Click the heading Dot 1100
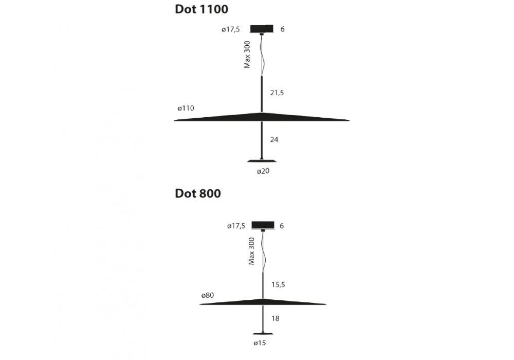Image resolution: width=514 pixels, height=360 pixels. point(201,9)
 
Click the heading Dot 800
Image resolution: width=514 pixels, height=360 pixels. point(198,193)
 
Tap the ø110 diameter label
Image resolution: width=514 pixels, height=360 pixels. point(186,108)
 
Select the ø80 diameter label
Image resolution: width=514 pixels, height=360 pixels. point(208,295)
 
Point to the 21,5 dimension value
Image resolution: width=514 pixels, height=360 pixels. point(277,93)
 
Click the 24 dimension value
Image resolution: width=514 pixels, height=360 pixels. point(274,140)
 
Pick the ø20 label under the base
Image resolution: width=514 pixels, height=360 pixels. point(263,171)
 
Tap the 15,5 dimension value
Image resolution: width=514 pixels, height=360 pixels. point(278,284)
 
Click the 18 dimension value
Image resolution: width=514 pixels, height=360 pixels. point(276,318)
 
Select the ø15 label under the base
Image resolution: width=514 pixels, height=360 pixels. point(260,343)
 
